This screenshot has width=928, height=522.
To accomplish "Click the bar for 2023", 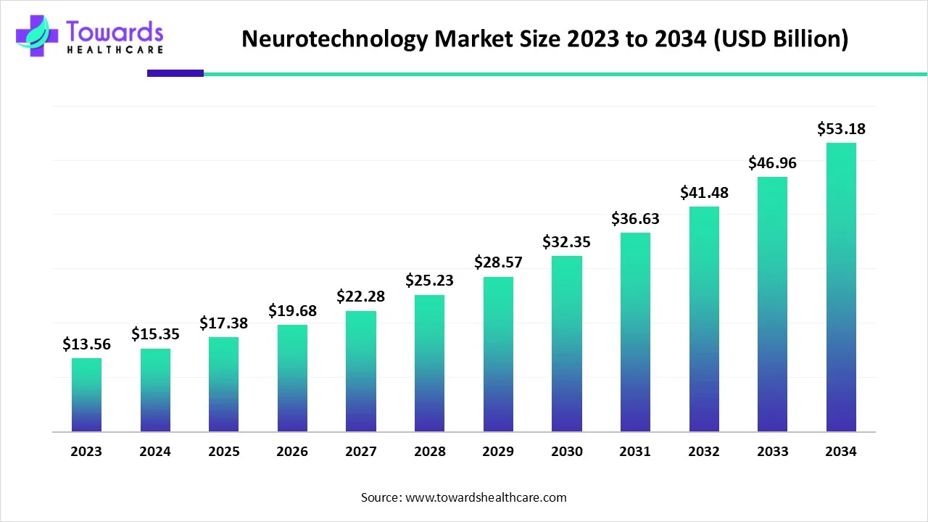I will pos(86,395).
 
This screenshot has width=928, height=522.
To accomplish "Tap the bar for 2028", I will pos(429,363).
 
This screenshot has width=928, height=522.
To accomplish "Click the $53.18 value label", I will pos(841,129).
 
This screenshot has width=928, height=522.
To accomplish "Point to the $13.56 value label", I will pos(86,344).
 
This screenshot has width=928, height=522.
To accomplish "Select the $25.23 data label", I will pos(429,280).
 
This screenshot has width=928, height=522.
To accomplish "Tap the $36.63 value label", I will pos(635,218).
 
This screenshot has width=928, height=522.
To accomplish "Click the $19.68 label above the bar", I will pos(292,310).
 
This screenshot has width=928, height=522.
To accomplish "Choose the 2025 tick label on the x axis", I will pos(224,452).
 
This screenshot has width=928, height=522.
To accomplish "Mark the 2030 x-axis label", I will pos(567,452).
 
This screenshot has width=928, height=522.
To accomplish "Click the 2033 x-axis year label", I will pos(772,452).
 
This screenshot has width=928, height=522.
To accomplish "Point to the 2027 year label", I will pos(361,452).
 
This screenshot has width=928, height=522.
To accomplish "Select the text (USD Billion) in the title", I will pos(782,39).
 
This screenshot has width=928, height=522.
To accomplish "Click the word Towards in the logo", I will pos(115,31).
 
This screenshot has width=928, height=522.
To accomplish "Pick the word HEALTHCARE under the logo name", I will pos(115,50).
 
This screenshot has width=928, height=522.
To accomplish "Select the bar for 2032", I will pos(704,319).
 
